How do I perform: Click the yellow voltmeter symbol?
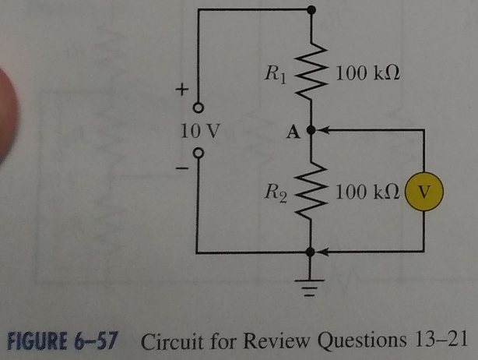click(x=424, y=191)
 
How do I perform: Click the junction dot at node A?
click(x=311, y=132)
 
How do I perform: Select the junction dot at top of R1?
click(x=311, y=10)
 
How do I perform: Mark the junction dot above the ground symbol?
click(x=311, y=252)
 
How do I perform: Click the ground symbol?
click(x=311, y=290)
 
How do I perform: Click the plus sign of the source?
click(x=181, y=90)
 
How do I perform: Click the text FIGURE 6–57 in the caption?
click(x=60, y=340)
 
